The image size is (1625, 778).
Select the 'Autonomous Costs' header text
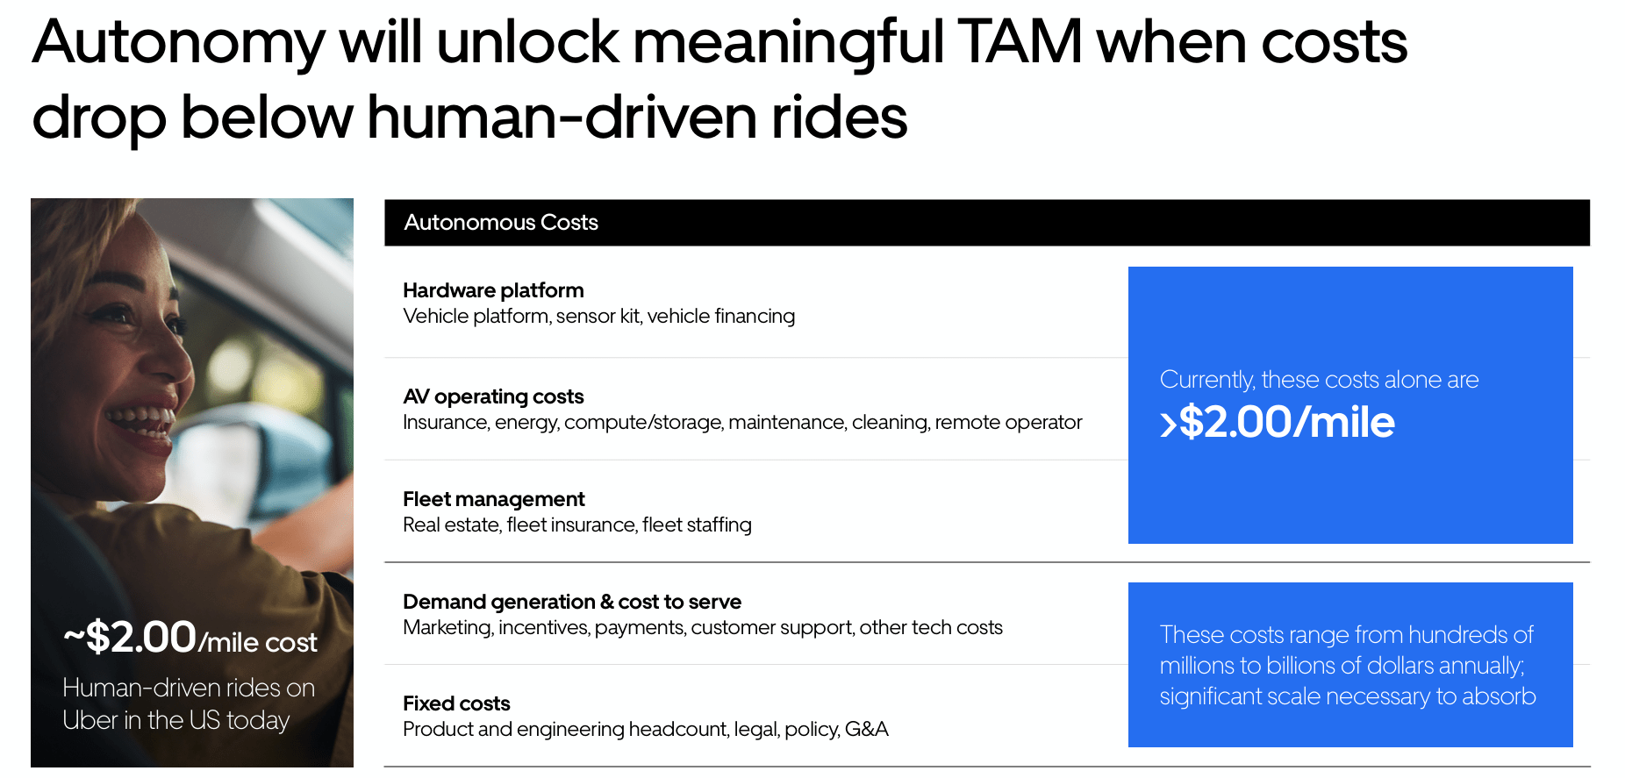coord(501,223)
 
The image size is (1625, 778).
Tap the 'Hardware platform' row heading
coord(493,290)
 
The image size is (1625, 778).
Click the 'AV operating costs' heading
coord(493,396)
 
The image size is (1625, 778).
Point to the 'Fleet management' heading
coord(493,499)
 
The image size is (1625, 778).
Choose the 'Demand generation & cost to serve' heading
coord(572,602)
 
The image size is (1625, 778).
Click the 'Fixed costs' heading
coord(456,703)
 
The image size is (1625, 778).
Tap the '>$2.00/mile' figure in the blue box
coord(1278,423)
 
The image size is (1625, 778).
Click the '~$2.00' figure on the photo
coord(131,637)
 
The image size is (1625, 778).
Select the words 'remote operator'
coord(1008,423)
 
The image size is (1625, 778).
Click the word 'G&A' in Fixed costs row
coord(866,730)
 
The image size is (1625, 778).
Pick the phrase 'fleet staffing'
coord(697,525)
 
